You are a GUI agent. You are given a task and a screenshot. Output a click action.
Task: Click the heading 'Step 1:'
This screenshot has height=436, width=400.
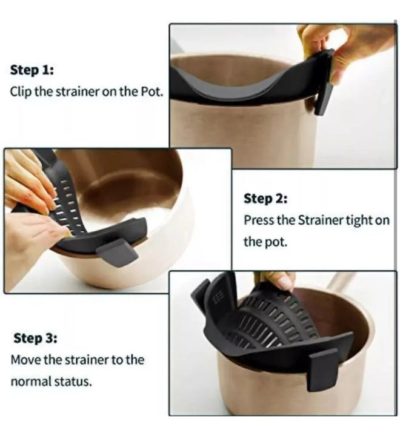tap(32, 70)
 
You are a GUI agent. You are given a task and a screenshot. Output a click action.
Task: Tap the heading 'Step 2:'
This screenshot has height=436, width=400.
tap(265, 199)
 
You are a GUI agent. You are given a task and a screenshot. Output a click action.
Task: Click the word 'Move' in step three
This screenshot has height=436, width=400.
tap(25, 360)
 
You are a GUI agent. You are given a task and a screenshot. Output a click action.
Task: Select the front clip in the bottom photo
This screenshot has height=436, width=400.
tap(323, 369)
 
